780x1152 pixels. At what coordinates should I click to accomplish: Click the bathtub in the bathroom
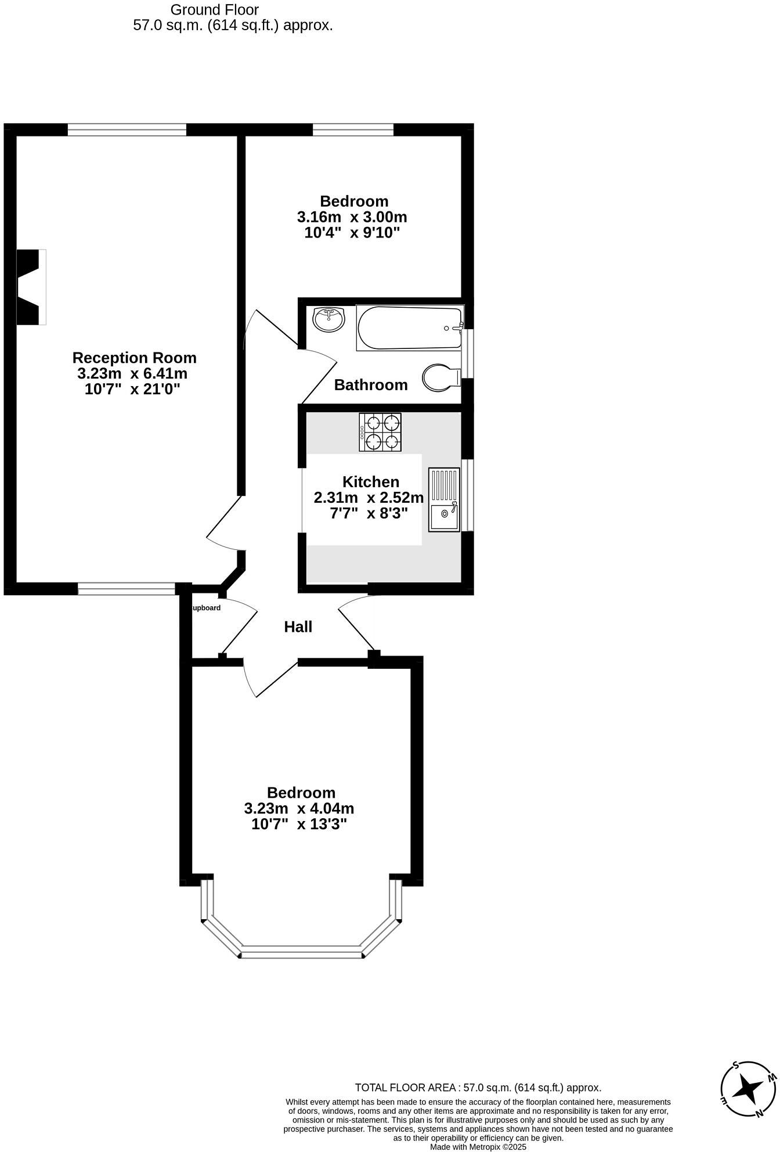[410, 328]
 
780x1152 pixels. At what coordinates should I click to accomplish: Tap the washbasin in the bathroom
[328, 319]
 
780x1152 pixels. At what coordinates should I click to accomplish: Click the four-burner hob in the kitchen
[381, 432]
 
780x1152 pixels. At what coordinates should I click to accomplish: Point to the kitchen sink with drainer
[444, 499]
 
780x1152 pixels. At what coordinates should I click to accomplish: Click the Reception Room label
[135, 358]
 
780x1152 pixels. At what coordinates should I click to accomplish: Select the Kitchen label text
[371, 482]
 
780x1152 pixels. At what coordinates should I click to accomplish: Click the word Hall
[298, 627]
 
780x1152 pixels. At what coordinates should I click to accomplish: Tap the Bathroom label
[371, 385]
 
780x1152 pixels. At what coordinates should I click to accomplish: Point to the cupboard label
[206, 608]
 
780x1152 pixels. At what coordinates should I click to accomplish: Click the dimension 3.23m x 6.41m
[132, 373]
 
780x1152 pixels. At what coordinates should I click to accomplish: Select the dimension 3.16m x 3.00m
[352, 217]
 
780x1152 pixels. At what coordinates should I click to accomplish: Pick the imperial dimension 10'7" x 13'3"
[299, 824]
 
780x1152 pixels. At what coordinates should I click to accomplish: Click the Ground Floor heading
[215, 10]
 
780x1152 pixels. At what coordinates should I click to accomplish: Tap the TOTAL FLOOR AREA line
[478, 1088]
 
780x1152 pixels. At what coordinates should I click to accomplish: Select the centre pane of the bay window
[301, 952]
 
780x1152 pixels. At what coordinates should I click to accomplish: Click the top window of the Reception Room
[127, 129]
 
